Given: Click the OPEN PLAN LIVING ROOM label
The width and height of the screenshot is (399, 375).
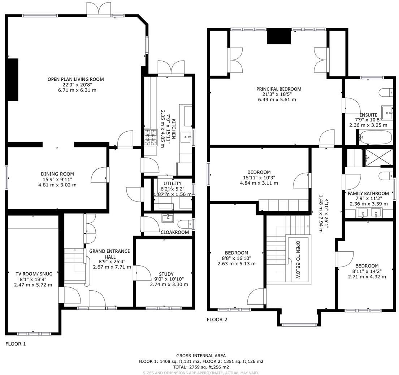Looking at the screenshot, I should [75, 79].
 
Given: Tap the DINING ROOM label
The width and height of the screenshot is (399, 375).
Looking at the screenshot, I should [58, 174].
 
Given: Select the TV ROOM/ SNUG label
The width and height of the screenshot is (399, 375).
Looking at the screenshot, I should [33, 273].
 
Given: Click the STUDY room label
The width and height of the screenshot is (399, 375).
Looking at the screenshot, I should [166, 274].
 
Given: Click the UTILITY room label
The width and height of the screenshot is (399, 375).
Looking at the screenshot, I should [173, 184].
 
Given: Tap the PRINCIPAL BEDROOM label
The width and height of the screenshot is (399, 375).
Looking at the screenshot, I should [278, 89].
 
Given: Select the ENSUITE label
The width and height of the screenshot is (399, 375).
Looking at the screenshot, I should [368, 115].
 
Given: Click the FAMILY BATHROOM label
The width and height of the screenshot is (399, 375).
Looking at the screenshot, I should [368, 194].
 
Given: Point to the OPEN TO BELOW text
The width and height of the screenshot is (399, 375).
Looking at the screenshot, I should [298, 260].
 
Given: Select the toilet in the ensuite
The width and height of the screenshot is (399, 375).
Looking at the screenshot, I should [387, 92].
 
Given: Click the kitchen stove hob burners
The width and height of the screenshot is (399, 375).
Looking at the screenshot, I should [151, 137].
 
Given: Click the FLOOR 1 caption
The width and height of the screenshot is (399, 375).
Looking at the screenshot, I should [16, 344].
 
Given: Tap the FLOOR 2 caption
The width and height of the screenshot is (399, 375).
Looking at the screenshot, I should [217, 319].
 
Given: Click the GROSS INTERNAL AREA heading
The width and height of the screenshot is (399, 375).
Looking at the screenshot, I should [201, 356].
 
